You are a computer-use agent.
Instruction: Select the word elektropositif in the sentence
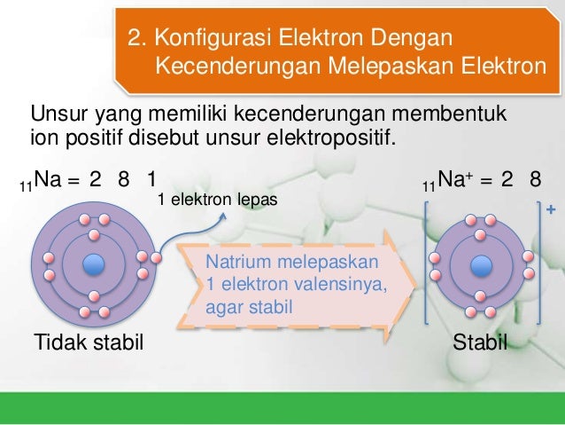(x=340, y=139)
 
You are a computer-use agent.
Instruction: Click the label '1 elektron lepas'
(x=217, y=201)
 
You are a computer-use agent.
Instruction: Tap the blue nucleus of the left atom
(x=94, y=264)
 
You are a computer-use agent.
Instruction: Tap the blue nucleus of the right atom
(x=481, y=264)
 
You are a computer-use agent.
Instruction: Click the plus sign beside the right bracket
(x=552, y=209)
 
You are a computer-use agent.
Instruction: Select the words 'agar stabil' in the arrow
(x=248, y=308)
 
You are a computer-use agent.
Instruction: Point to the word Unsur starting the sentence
(x=55, y=116)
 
